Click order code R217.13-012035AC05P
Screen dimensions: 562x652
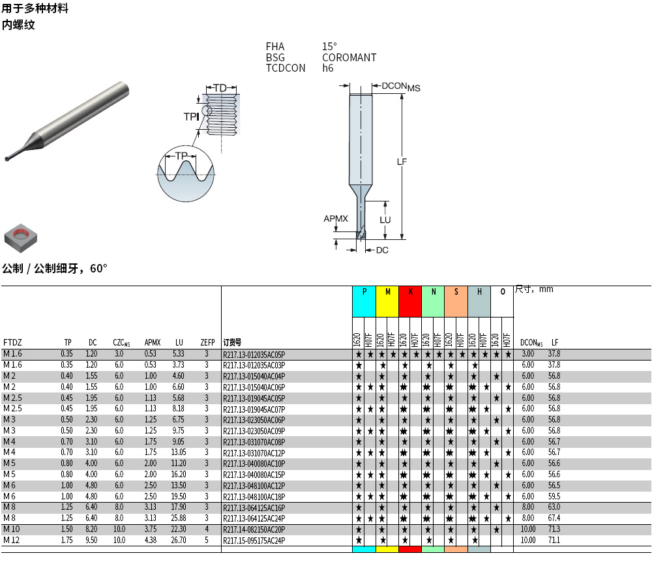[254, 354]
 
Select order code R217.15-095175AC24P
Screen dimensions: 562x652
[254, 540]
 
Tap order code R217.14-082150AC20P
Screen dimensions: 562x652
[254, 529]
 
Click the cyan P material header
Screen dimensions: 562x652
[364, 292]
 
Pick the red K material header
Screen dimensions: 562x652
[410, 292]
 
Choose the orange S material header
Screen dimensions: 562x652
[456, 292]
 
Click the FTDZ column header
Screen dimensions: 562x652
[12, 342]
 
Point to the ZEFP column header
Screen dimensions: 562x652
[207, 342]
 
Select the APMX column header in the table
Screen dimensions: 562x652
[152, 342]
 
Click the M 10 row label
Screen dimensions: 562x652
[12, 529]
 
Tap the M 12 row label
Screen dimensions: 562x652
[12, 540]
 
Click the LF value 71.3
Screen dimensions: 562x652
[554, 529]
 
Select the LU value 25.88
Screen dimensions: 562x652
[179, 518]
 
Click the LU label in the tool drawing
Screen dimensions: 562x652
[385, 220]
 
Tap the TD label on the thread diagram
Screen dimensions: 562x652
[220, 88]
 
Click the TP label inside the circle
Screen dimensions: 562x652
[181, 156]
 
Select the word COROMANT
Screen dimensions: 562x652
[349, 57]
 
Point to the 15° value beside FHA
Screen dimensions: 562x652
[329, 46]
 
